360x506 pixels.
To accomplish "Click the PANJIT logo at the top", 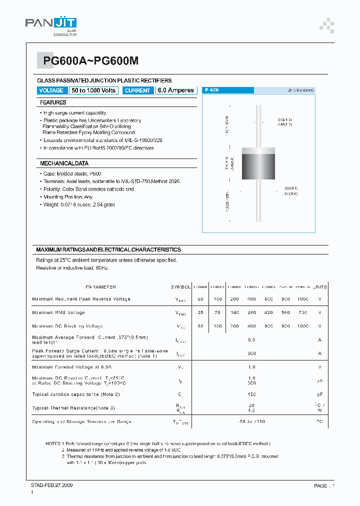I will pos(50,24).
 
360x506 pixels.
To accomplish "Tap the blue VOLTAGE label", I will pos(51,90).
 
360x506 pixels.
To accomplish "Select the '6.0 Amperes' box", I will pos(175,90).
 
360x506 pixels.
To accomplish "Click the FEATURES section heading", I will pos(53,102).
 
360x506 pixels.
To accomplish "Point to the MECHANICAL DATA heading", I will pos(64,163).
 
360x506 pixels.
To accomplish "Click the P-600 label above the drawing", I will pos(211,90).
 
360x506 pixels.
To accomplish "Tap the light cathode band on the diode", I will pos(258,150).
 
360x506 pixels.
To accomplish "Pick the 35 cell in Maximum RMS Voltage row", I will pos(200,312).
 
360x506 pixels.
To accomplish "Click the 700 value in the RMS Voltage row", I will pos(302,312).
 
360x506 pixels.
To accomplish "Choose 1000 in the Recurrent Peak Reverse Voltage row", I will pos(302,299).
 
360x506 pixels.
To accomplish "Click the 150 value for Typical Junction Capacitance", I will pos(251,394).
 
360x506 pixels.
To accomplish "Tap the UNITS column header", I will pos(320,287).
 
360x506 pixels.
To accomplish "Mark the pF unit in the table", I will pos(320,394).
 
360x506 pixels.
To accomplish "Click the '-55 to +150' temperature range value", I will pos(251,421).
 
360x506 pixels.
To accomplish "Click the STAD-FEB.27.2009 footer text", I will pos(51,485).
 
